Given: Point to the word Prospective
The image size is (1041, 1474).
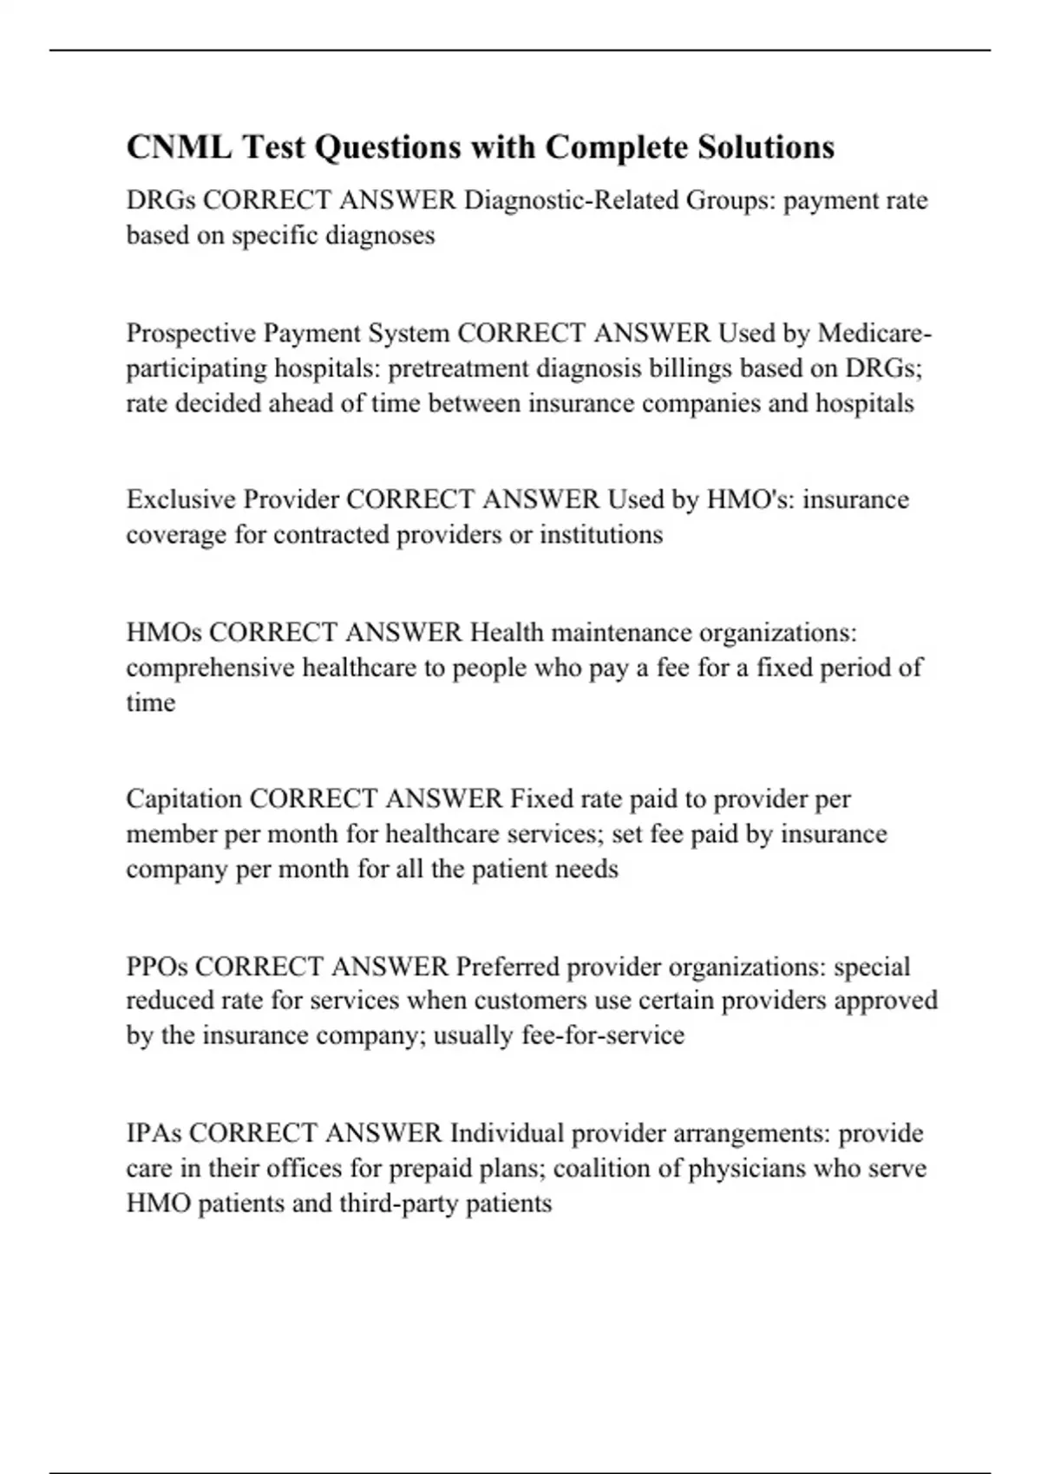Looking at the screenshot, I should [x=191, y=333].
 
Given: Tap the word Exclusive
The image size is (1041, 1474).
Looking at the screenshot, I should [x=180, y=499].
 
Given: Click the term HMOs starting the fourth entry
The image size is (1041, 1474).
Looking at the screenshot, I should [x=164, y=632].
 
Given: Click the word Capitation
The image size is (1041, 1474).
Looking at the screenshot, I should [x=184, y=799].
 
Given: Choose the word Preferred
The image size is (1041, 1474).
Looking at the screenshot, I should [x=507, y=966].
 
